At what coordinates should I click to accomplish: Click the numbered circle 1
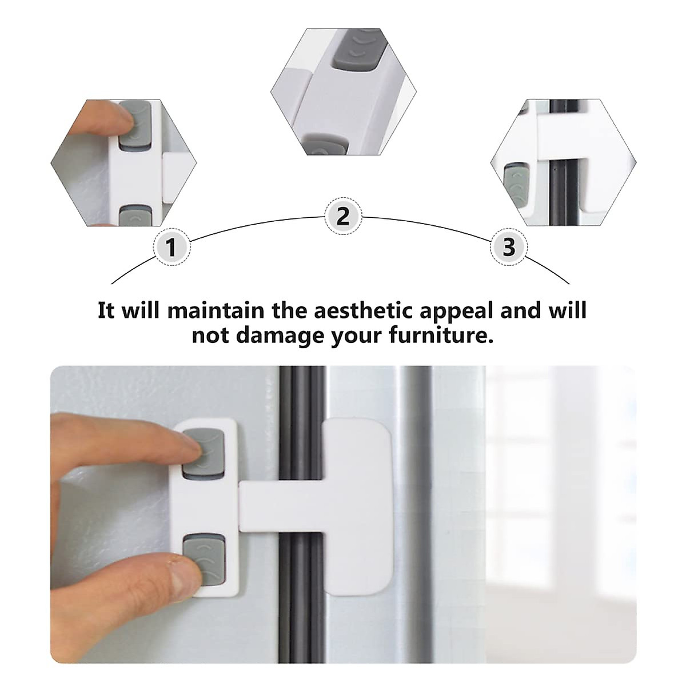tap(170, 248)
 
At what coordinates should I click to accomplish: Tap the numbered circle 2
tap(342, 217)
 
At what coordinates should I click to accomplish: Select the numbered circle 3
tap(508, 248)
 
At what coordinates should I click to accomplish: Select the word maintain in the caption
tap(216, 311)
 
